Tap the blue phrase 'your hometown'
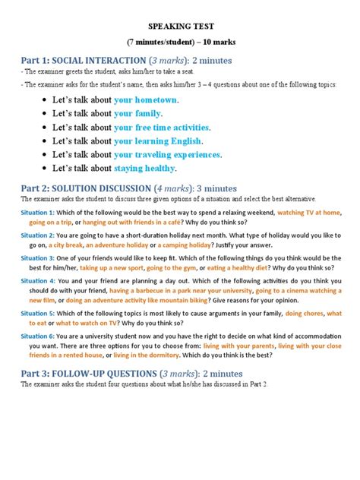click(x=146, y=100)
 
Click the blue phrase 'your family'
click(x=139, y=113)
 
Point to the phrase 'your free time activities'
click(x=162, y=127)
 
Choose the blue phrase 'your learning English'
click(x=158, y=141)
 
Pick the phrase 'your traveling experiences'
click(x=167, y=154)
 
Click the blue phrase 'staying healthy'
click(x=144, y=168)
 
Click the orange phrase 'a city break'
click(x=64, y=245)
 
